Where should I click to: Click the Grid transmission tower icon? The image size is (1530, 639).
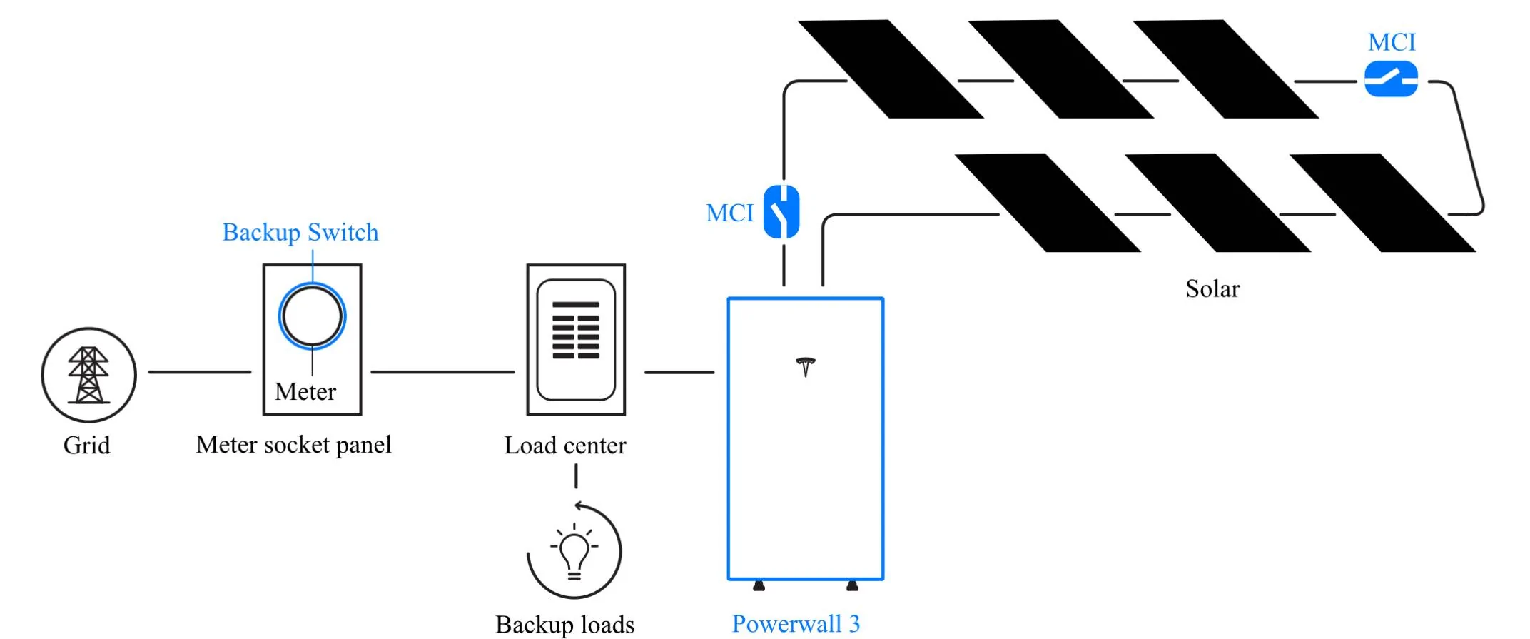(88, 375)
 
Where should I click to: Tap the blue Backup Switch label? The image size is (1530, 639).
(300, 233)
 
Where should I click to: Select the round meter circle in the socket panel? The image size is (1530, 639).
(312, 316)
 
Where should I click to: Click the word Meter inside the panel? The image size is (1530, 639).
(305, 392)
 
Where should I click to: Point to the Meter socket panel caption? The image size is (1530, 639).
(294, 445)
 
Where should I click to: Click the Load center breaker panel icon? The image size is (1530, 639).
(576, 340)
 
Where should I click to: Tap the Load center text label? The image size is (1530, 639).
(565, 446)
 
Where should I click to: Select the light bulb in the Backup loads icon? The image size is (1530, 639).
(574, 555)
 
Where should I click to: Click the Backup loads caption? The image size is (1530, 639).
(565, 625)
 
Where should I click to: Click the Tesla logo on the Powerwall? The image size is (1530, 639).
(806, 366)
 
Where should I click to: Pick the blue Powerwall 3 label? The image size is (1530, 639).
(796, 624)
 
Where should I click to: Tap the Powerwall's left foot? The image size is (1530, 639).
(759, 586)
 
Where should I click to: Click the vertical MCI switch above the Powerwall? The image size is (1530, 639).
(781, 211)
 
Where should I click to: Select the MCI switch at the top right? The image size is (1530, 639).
(1391, 79)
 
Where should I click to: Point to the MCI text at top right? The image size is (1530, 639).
(1392, 42)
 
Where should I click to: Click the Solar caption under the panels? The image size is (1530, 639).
(1212, 288)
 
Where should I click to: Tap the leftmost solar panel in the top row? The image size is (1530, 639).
(891, 69)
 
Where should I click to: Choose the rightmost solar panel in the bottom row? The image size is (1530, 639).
(1382, 203)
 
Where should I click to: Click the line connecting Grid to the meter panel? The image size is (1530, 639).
(200, 372)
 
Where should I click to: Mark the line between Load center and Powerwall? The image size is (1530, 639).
(679, 372)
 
